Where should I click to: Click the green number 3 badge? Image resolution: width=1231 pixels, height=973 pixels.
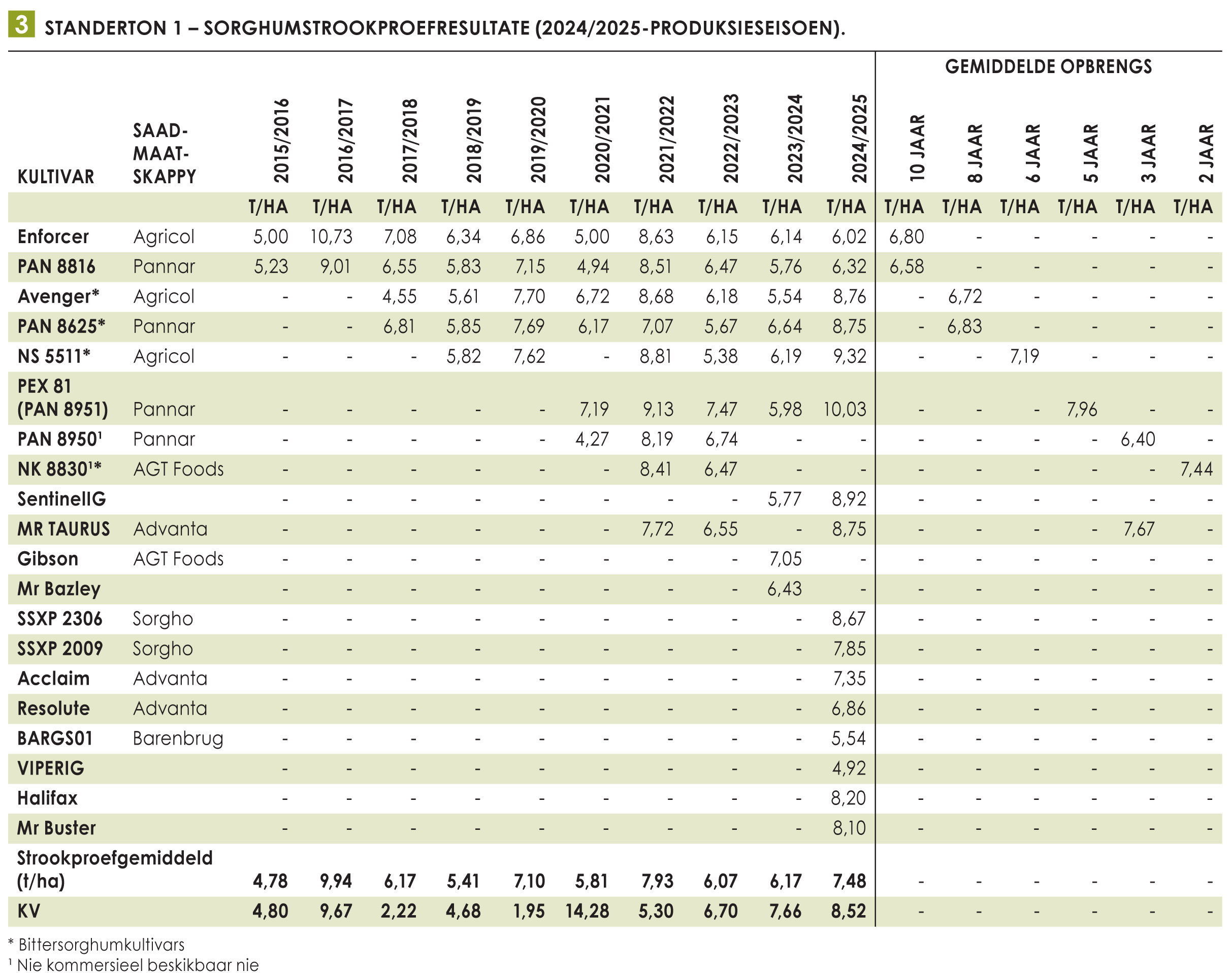coord(21,24)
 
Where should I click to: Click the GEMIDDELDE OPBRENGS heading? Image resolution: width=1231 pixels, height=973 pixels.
coord(1048,66)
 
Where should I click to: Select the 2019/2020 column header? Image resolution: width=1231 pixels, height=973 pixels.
coord(538,140)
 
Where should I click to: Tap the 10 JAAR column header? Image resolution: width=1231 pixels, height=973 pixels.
coord(917,148)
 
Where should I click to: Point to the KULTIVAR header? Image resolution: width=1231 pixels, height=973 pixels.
coord(56,177)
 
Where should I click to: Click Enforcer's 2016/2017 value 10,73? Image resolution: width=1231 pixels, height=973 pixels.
coord(331,237)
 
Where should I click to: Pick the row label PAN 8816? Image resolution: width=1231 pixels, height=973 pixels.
coord(56,266)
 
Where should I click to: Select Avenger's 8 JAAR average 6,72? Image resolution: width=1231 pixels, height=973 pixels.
coord(965,296)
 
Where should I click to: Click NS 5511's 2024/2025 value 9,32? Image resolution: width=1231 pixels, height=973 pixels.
coord(849,356)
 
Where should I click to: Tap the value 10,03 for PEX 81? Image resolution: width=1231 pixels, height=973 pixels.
coord(845,409)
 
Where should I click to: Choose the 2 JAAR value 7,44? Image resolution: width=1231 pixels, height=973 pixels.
coord(1196,469)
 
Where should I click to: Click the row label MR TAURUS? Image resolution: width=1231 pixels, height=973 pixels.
coord(63,529)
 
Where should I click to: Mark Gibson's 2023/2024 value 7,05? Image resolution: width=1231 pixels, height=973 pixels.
coord(785,559)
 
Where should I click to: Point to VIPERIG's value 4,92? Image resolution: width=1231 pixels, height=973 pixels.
coord(849,768)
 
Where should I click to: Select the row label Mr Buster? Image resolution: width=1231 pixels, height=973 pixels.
coord(56,828)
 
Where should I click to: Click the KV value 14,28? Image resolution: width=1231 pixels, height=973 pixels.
coord(587,911)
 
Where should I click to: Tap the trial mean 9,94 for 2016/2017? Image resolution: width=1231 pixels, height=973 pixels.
coord(336,881)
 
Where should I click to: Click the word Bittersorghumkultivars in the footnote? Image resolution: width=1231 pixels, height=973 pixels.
coord(102,945)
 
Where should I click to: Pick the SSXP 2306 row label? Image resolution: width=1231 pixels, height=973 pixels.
coord(60,619)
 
